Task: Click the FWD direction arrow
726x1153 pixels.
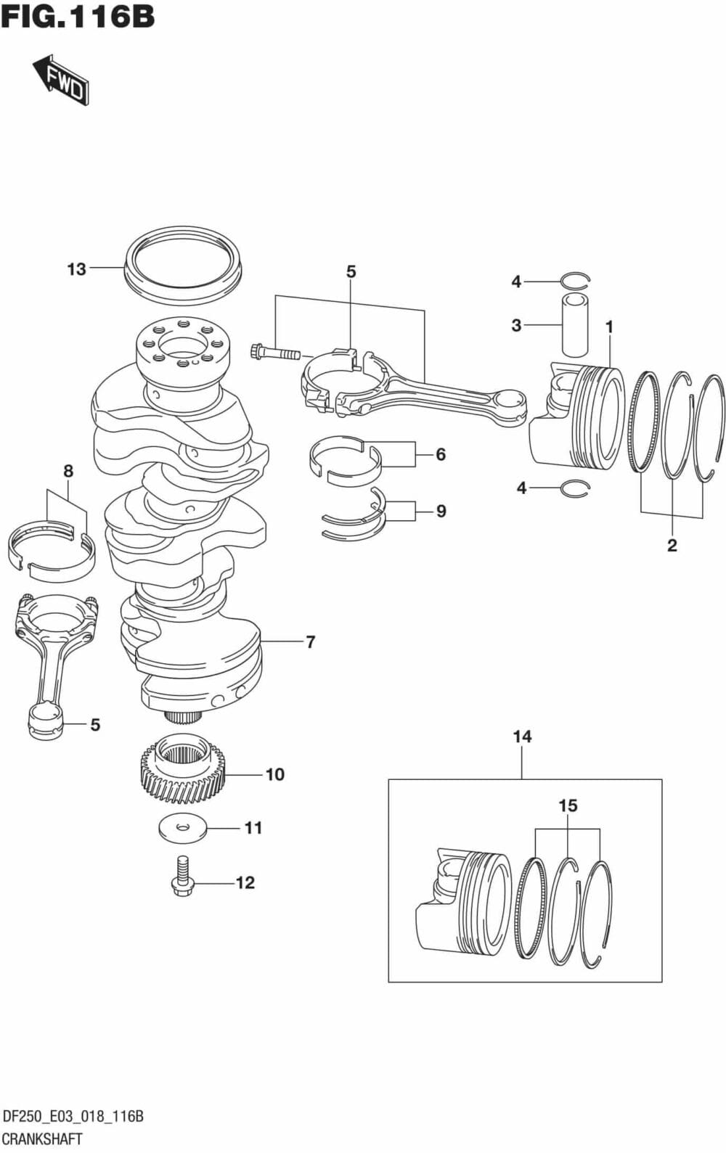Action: [x=62, y=79]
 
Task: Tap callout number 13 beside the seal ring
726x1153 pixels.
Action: [x=76, y=269]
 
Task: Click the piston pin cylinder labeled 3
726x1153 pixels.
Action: [x=574, y=324]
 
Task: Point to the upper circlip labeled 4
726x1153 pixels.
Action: [x=576, y=280]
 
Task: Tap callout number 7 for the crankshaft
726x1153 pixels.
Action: [x=310, y=641]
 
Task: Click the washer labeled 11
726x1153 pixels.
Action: [x=182, y=828]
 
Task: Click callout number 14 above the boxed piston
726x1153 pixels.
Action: [x=522, y=737]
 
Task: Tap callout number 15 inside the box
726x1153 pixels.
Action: [x=568, y=805]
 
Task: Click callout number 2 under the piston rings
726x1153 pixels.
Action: [x=672, y=545]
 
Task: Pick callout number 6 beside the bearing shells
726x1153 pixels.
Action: [x=441, y=455]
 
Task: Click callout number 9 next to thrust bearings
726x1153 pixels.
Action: [x=441, y=512]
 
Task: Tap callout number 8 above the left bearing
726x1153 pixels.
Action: [x=68, y=471]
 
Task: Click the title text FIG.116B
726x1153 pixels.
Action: [x=78, y=17]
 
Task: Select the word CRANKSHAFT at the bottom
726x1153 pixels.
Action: [x=42, y=1138]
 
